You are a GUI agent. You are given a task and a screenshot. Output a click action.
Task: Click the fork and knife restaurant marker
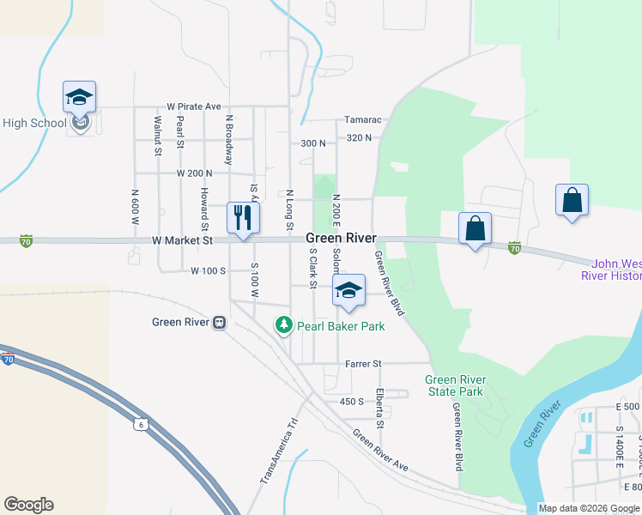[243, 217]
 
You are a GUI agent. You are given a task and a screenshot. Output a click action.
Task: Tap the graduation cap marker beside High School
[79, 98]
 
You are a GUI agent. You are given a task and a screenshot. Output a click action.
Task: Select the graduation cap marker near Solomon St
[348, 291]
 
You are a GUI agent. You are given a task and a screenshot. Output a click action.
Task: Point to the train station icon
[220, 323]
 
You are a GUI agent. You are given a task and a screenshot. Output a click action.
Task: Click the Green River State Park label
[455, 386]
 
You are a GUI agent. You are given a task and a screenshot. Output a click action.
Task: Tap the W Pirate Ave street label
[194, 106]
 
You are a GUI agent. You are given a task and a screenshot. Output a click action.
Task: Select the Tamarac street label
[362, 120]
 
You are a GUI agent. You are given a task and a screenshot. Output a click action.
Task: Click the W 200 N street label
[194, 173]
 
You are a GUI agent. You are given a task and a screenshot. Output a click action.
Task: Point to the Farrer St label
[363, 364]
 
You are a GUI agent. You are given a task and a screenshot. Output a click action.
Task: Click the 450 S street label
[352, 401]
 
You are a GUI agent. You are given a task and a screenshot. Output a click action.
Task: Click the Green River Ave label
[380, 449]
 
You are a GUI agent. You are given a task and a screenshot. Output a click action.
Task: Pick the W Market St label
[183, 241]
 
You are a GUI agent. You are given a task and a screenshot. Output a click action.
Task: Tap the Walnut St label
[158, 136]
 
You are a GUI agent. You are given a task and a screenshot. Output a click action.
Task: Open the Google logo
[28, 505]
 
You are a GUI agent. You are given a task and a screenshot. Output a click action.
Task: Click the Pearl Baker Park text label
[341, 326]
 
